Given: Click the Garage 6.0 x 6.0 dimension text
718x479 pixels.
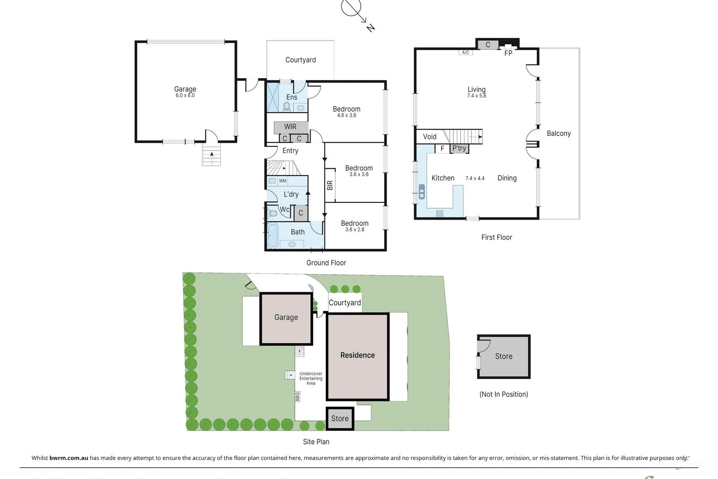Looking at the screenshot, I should coord(185,96).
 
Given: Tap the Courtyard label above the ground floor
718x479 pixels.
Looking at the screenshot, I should coord(300,60).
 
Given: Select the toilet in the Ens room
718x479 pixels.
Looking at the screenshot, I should coord(287,106).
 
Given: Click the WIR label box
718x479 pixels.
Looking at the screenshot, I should coord(290,127).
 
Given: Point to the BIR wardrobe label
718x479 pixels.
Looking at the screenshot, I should coord(330,185).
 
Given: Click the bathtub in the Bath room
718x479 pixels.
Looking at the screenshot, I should coord(272,236).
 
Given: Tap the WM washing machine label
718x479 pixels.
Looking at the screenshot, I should coord(282,181).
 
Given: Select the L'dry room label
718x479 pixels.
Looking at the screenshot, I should coord(291,194).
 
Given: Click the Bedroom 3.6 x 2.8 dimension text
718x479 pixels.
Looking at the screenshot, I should coord(355,229).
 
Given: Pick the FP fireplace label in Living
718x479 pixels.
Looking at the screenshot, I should coord(508,53).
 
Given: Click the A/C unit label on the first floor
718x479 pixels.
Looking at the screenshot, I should coord(465,53).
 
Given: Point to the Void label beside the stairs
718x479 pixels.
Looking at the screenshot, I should coord(429,136).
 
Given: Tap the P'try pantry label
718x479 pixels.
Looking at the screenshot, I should coord(459,148).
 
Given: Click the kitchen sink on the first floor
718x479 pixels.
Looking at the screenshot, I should coord(421,191).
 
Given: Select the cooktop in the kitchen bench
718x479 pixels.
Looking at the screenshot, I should coord(439,213).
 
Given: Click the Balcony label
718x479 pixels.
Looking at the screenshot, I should coord(558,133).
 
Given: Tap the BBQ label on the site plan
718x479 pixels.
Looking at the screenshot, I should coord(297,396).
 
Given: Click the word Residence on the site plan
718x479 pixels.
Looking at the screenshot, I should coord(357,355).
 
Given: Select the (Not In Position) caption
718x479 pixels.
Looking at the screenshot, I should coord(503,394).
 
